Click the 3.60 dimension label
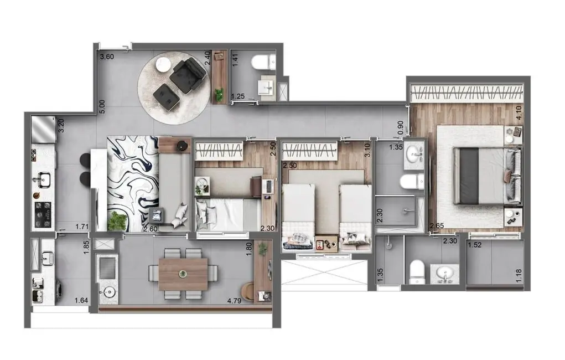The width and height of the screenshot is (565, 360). (x=106, y=56)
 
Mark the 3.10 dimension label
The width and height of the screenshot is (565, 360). (x=367, y=150)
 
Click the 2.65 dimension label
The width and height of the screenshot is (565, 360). (x=437, y=226)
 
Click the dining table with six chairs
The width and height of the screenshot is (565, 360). (x=183, y=274)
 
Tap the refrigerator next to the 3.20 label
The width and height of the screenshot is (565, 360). (x=42, y=130)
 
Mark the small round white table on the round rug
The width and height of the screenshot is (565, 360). (x=163, y=65)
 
